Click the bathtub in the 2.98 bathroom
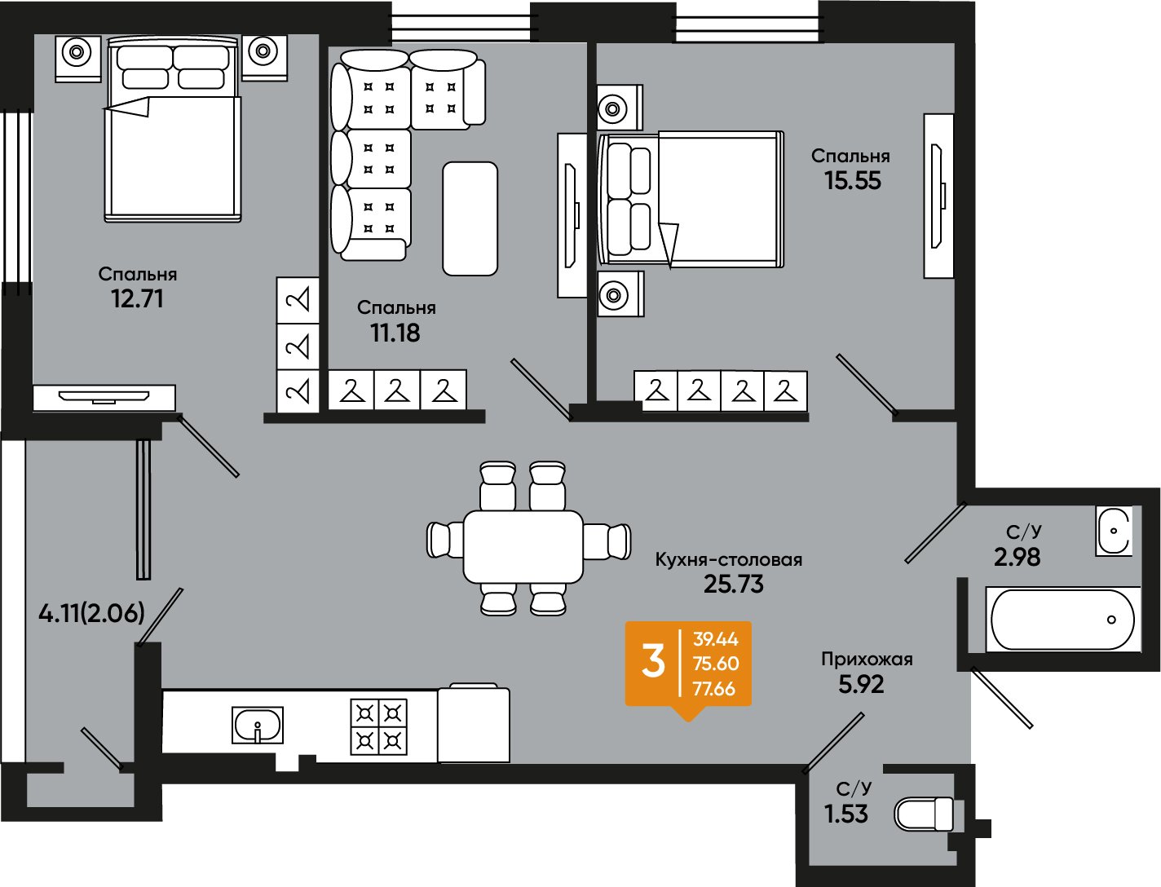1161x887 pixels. pyautogui.click(x=1062, y=620)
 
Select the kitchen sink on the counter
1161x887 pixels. pyautogui.click(x=258, y=725)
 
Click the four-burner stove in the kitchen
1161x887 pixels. pyautogui.click(x=379, y=726)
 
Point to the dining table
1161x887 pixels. pyautogui.click(x=523, y=547)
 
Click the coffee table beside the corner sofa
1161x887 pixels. pyautogui.click(x=470, y=218)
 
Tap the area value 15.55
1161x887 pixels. pyautogui.click(x=853, y=181)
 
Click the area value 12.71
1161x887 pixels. pyautogui.click(x=137, y=299)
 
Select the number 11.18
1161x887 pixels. pyautogui.click(x=395, y=333)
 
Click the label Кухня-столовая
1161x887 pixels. pyautogui.click(x=728, y=559)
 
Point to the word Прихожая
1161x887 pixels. pyautogui.click(x=867, y=660)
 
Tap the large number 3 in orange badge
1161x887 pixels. pyautogui.click(x=653, y=663)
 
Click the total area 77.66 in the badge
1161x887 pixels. pyautogui.click(x=714, y=689)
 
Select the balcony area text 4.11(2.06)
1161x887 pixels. pyautogui.click(x=91, y=614)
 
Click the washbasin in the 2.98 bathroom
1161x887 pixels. pyautogui.click(x=1114, y=531)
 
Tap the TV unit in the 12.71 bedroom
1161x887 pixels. pyautogui.click(x=104, y=398)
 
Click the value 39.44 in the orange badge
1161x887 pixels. pyautogui.click(x=716, y=639)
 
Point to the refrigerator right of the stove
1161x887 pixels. pyautogui.click(x=474, y=722)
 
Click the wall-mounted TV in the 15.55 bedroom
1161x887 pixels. pyautogui.click(x=939, y=196)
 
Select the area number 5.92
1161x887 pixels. pyautogui.click(x=861, y=685)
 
